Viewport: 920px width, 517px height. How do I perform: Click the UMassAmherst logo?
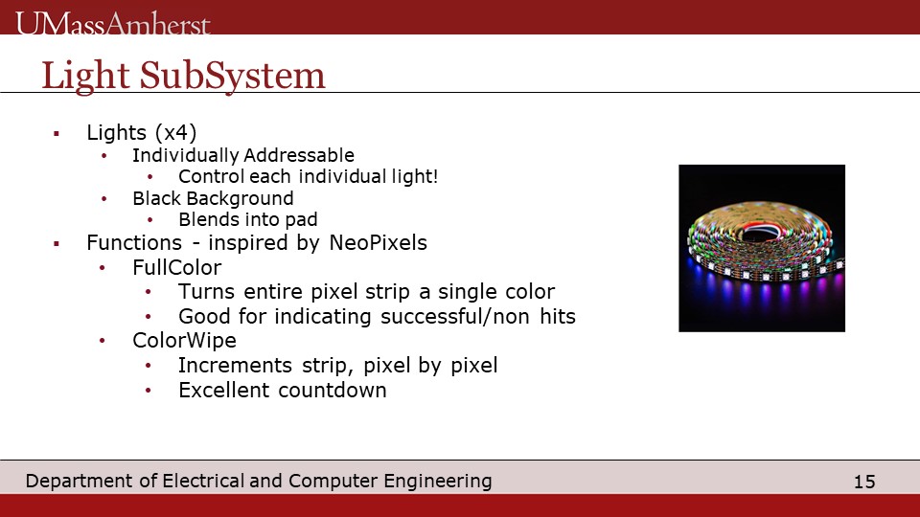point(113,23)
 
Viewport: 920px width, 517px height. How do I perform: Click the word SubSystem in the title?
point(232,77)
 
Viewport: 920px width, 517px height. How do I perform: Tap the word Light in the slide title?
point(85,77)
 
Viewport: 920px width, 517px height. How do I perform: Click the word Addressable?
point(299,155)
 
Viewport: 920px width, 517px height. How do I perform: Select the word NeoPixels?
point(378,242)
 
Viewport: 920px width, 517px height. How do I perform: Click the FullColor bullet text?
point(176,267)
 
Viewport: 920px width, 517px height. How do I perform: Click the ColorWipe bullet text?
point(184,341)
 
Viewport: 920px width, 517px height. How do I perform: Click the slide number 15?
point(864,482)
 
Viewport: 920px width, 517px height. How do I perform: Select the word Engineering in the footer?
point(438,481)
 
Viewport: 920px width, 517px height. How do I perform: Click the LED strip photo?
point(762,248)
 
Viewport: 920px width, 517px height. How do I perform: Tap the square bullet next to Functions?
point(57,243)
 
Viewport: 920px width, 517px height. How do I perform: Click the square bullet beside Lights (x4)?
point(57,134)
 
